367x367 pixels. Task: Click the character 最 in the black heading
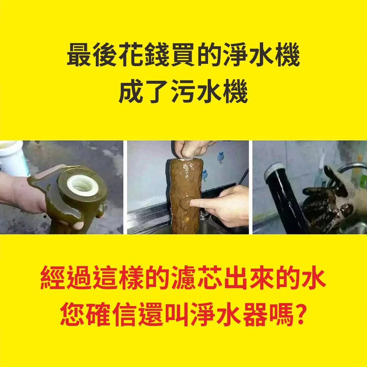79,55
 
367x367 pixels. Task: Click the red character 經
52,277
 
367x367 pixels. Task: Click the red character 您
72,314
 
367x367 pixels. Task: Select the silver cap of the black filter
274,170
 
